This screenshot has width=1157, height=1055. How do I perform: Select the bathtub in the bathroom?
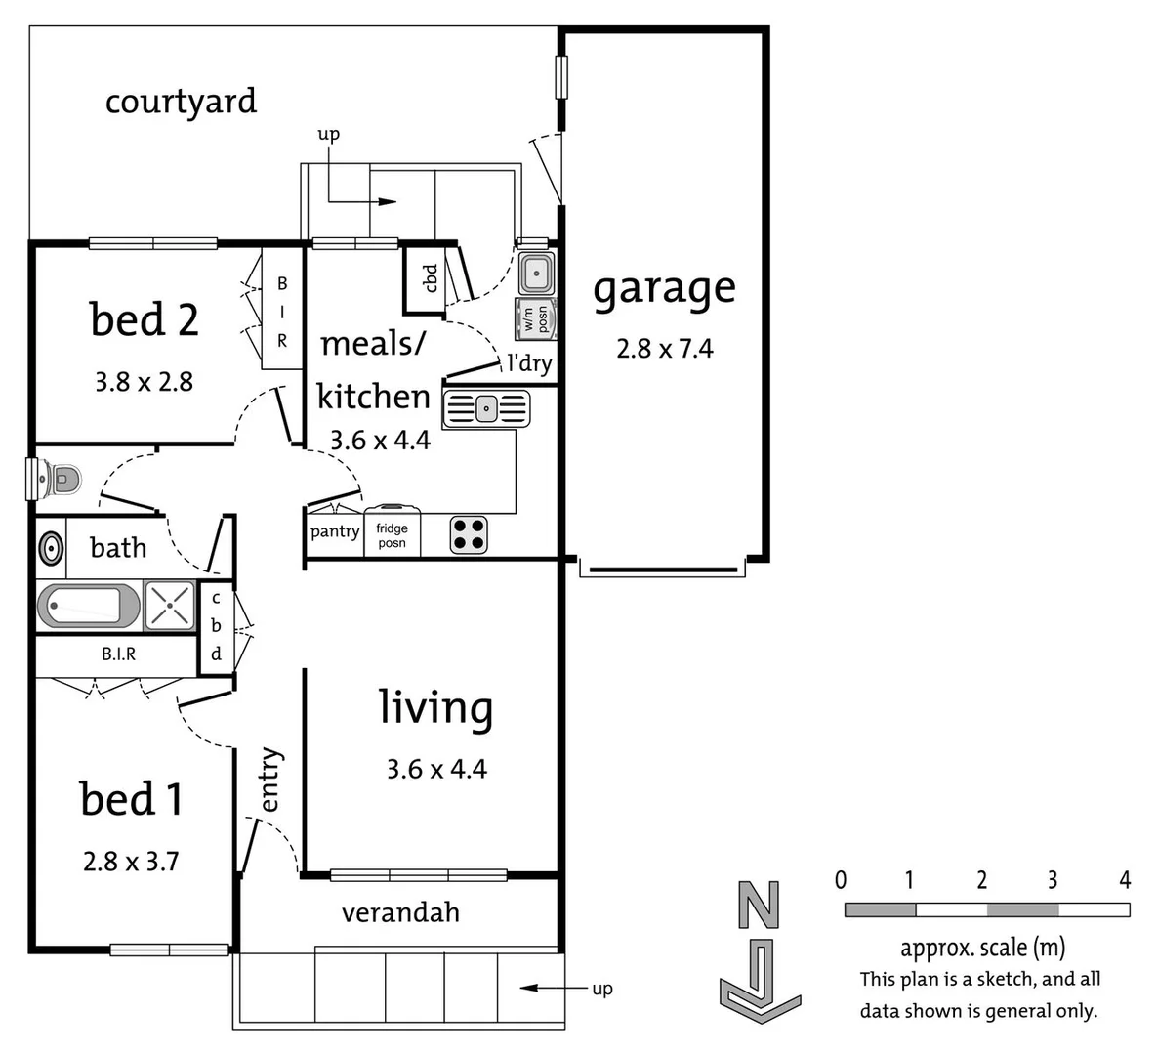88,606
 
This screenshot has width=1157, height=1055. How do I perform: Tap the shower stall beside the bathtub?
169,606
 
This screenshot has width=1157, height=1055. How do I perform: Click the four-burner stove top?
469,534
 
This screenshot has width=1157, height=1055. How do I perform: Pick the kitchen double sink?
486,409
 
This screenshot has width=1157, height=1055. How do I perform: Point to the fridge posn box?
392,534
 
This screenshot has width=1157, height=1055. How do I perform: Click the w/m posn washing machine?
536,317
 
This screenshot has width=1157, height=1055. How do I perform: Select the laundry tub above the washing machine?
536,273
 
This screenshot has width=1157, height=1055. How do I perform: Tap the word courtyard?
181,102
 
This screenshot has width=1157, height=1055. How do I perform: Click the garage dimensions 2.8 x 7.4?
664,349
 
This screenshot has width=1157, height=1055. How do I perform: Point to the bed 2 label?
144,320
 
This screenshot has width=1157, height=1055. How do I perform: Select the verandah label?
400,912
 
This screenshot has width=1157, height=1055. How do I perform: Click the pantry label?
334,531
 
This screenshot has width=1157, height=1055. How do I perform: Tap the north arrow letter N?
759,906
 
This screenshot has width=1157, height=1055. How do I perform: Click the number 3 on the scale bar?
1052,880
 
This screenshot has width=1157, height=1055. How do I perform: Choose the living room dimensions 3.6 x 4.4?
435,769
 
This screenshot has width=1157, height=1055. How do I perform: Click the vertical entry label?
269,780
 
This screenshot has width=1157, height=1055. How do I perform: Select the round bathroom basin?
51,549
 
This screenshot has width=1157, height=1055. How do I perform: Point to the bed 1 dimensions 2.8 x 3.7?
131,862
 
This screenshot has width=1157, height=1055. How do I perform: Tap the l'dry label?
528,363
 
